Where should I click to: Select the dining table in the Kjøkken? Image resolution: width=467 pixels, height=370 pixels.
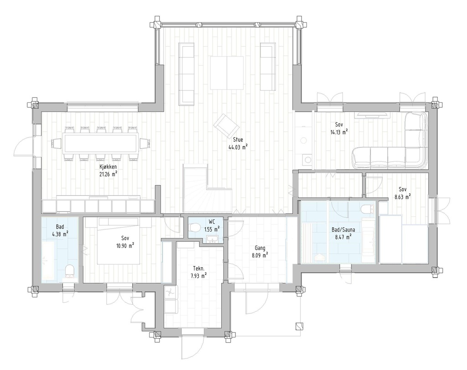pos(100,143)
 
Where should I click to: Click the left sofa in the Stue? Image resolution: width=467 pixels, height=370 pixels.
pos(186,74)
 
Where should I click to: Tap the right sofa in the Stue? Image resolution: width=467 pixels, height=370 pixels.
pos(268,67)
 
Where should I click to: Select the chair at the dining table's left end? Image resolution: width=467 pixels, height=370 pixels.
pos(56,143)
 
